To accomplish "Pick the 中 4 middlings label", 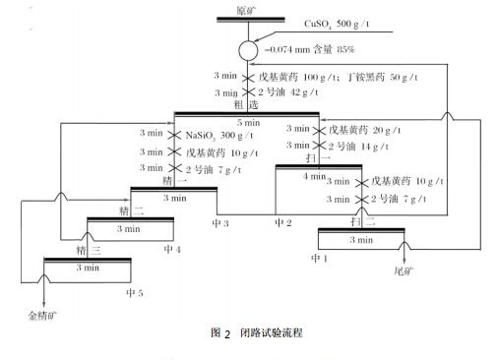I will click(173, 250).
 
